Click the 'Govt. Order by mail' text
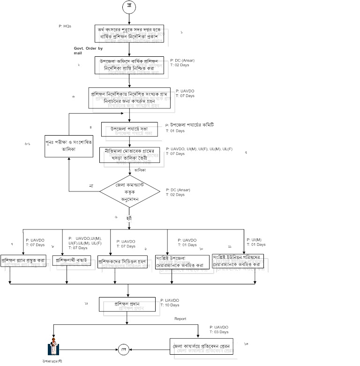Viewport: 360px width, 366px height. [88, 50]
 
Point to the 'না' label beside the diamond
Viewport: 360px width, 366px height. [91, 186]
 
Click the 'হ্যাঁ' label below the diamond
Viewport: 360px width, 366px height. [129, 219]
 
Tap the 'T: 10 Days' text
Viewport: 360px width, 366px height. [170, 305]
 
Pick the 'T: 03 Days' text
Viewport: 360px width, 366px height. [219, 332]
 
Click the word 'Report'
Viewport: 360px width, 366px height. [180, 319]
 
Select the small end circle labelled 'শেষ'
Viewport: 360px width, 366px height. [124, 350]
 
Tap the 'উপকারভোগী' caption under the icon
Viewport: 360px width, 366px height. [52, 361]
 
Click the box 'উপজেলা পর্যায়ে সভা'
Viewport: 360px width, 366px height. [129, 129]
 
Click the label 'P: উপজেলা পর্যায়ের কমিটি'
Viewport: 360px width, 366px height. [189, 125]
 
